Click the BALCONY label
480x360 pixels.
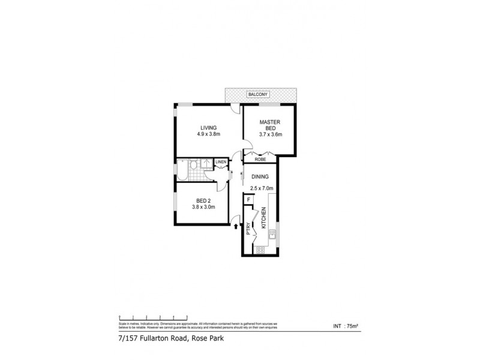pyautogui.click(x=260, y=95)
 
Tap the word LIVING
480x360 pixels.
pyautogui.click(x=208, y=127)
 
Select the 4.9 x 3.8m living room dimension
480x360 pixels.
pyautogui.click(x=208, y=134)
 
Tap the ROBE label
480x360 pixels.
pyautogui.click(x=260, y=160)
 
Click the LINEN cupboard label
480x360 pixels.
pyautogui.click(x=221, y=163)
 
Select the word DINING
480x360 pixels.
pyautogui.click(x=260, y=177)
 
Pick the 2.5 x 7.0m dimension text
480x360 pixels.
pyautogui.click(x=262, y=188)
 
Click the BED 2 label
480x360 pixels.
pyautogui.click(x=203, y=200)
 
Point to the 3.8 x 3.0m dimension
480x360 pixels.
pyautogui.click(x=203, y=208)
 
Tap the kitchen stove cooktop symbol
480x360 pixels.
pyautogui.click(x=260, y=250)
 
